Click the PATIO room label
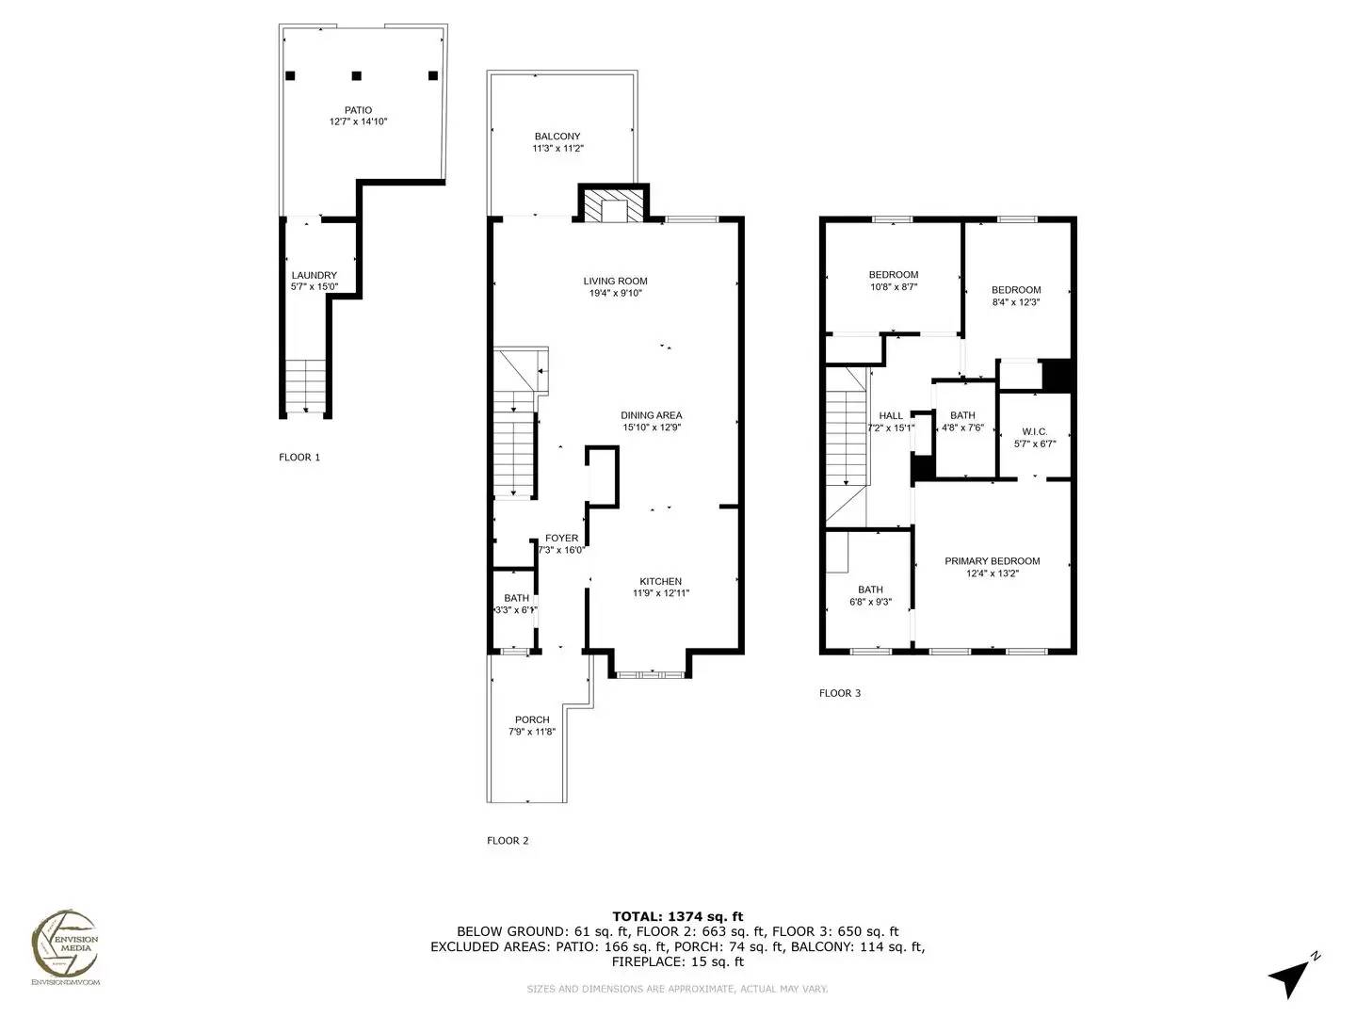tap(358, 110)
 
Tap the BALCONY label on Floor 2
tap(557, 137)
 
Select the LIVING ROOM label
tap(615, 281)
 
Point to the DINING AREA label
tap(651, 415)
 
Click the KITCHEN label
tap(660, 581)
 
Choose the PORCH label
tap(532, 719)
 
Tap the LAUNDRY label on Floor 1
tap(314, 275)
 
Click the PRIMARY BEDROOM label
tap(992, 561)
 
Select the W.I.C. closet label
tap(1034, 431)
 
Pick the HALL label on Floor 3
tap(890, 415)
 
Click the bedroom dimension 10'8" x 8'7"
tap(893, 287)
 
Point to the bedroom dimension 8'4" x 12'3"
tap(1016, 302)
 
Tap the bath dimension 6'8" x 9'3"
tap(870, 602)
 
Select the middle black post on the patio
tap(357, 75)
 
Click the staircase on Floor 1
tap(306, 386)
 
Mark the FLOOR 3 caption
tap(840, 693)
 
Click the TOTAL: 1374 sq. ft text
tap(677, 915)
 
